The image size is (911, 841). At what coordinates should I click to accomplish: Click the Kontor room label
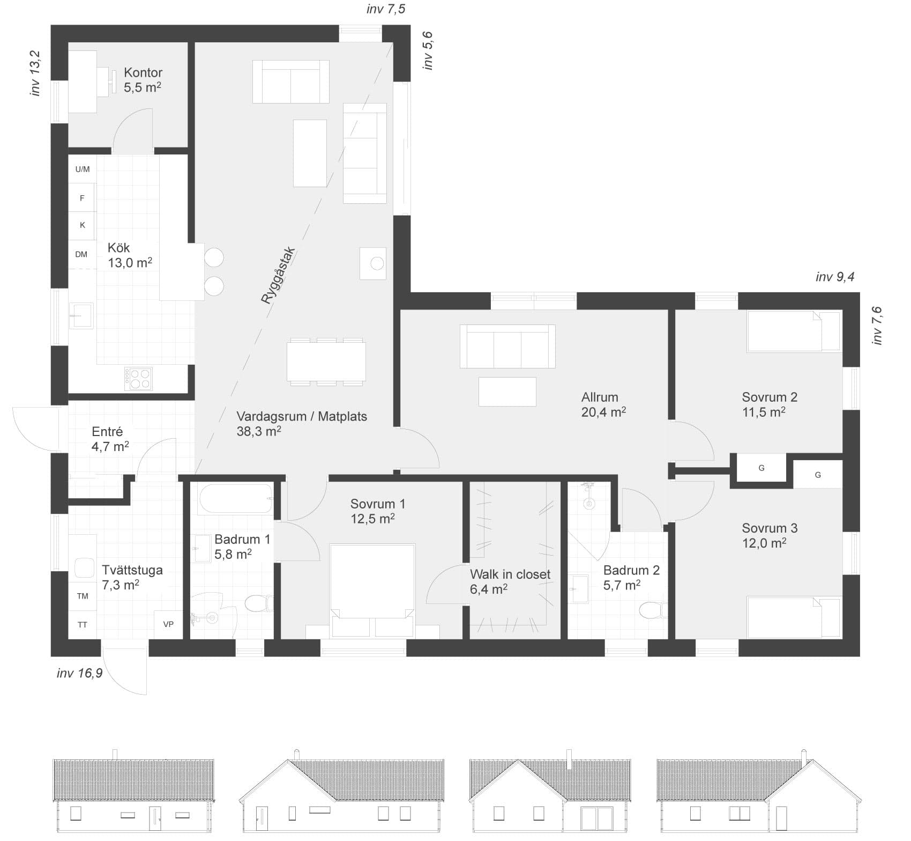pos(143,72)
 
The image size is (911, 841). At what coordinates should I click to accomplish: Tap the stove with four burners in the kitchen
pos(138,379)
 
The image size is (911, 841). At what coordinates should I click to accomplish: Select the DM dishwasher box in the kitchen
pos(81,254)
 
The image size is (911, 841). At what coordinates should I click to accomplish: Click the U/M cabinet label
pos(83,169)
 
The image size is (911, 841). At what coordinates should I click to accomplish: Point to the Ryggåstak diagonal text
pos(278,276)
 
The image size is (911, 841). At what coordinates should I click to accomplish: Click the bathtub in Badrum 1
pos(236,499)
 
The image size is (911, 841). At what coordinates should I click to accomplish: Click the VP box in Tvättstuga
pos(168,624)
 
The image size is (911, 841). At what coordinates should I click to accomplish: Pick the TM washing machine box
pos(83,596)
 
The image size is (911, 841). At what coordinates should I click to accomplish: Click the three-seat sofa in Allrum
pos(507,346)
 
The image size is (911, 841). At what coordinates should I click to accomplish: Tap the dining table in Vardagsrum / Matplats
pos(326,362)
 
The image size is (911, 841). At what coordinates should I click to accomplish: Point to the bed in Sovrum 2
pos(794,331)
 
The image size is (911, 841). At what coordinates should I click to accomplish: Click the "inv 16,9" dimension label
pos(80,673)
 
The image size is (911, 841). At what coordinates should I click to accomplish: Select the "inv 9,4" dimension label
pos(835,277)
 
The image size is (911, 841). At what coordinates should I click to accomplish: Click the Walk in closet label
pos(510,574)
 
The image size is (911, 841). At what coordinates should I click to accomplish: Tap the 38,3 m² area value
pos(259,431)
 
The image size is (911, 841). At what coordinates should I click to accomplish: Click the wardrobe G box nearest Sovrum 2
pos(761,468)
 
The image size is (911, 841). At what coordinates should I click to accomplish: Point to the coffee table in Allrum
pos(507,392)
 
